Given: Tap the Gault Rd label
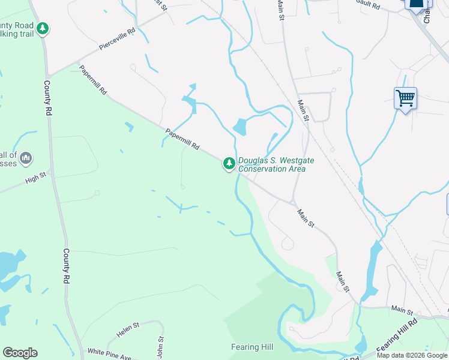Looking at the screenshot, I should pos(368,5).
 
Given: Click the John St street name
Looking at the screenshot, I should pos(160,347).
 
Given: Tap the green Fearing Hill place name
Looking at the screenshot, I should pos(252,347).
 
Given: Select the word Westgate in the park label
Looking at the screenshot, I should pos(294,160).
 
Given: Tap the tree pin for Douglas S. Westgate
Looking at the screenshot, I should pos(229,163).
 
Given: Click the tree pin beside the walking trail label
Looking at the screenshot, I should pos(42,28).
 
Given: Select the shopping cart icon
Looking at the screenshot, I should pos(406,97).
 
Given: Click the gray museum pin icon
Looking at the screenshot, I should pos(25,158).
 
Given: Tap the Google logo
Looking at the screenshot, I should pos(20,353).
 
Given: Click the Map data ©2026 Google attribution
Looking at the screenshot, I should pos(412,355).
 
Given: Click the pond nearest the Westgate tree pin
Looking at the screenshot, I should pos(240,127).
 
